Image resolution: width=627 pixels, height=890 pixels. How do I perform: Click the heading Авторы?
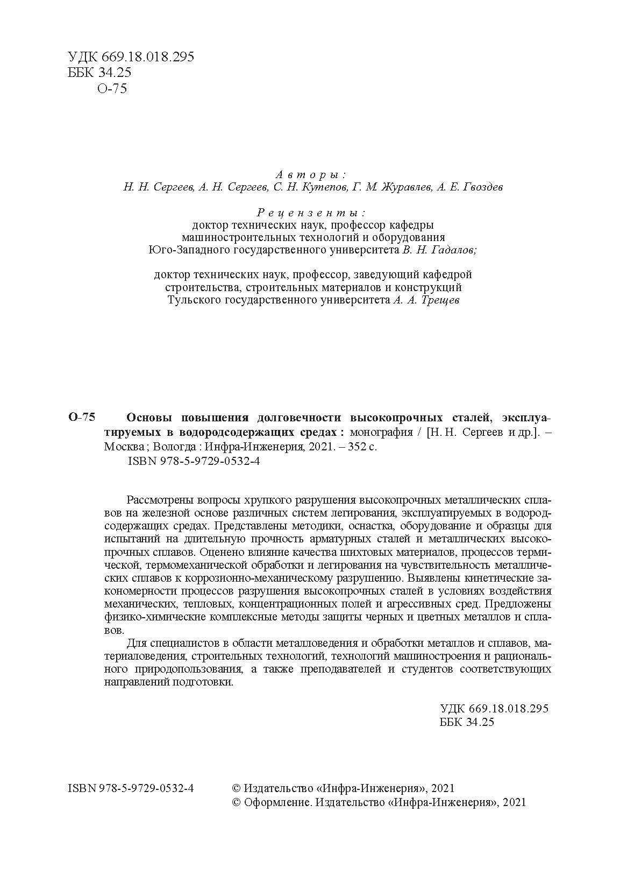coord(311,175)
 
